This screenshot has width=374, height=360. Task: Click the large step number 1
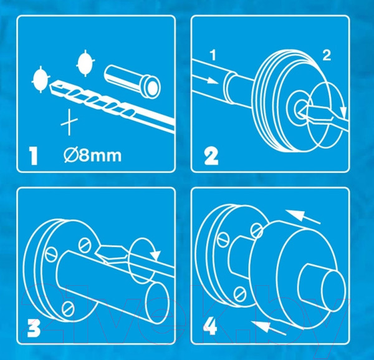pyautogui.click(x=34, y=156)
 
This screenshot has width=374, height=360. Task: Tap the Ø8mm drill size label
pyautogui.click(x=92, y=155)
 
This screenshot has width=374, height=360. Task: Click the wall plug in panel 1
pyautogui.click(x=132, y=81)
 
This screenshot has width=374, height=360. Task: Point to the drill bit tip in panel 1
pyautogui.click(x=51, y=86)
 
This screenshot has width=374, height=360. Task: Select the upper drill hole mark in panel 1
pyautogui.click(x=85, y=63)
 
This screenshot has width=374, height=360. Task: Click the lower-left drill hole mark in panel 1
pyautogui.click(x=41, y=79)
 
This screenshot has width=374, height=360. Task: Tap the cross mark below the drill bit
pyautogui.click(x=69, y=122)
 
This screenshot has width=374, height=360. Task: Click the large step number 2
pyautogui.click(x=211, y=157)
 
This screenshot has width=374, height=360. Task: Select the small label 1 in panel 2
pyautogui.click(x=213, y=55)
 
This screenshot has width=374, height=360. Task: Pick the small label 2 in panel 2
pyautogui.click(x=327, y=55)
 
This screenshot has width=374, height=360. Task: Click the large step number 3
pyautogui.click(x=34, y=329)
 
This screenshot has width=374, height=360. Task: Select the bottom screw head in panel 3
pyautogui.click(x=68, y=309)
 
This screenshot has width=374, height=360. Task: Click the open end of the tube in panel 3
pyautogui.click(x=156, y=302)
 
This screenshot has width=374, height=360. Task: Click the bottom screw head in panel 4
pyautogui.click(x=240, y=294)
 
